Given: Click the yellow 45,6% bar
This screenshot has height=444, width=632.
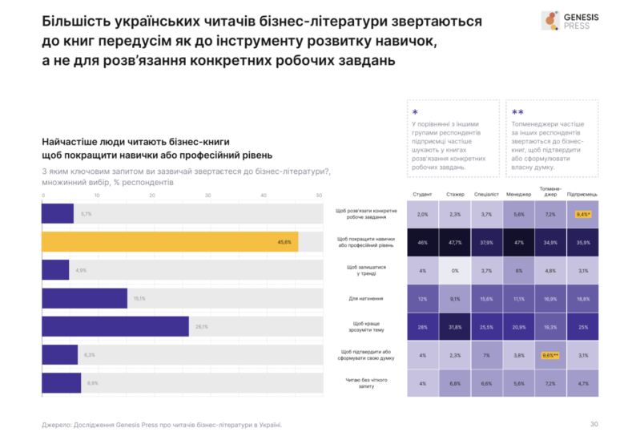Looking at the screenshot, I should pos(170,242).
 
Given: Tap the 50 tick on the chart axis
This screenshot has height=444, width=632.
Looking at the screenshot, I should pos(319,196).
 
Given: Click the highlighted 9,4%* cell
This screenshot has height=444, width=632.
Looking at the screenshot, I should pos(582,214).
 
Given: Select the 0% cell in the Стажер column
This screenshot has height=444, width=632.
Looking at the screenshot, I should pos(455,270).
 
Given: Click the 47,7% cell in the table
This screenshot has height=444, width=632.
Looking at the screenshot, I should pos(455,241).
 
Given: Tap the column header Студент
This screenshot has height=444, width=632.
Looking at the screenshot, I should pos(423,195).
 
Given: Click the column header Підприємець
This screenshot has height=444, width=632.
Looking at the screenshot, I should pos(582,195).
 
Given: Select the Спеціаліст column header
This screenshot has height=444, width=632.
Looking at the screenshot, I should pos(487,195).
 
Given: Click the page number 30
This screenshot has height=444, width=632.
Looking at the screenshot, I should pos(594,424).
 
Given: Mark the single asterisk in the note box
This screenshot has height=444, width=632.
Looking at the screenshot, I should pos(414,113).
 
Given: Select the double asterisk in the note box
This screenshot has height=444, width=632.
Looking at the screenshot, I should pos(517,113).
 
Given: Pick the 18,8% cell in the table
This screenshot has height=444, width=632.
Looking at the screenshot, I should pos(582,298).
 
